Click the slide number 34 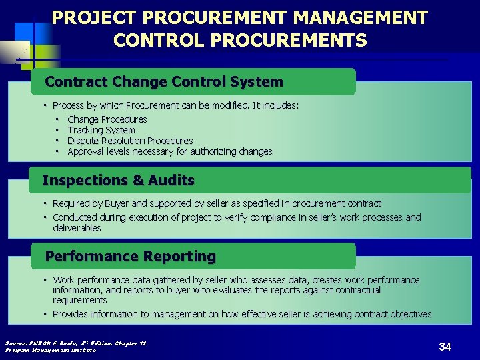445,347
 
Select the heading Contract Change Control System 164,82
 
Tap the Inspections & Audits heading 118,180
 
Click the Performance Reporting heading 130,256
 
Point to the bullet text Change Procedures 107,119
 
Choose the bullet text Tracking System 101,130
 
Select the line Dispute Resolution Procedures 130,141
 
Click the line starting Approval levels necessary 169,151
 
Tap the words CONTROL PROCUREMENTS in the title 240,41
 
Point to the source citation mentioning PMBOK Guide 75,343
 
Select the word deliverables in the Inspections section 77,228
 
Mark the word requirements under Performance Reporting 79,301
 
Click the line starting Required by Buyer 217,203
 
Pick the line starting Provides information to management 241,314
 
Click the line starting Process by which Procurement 175,105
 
